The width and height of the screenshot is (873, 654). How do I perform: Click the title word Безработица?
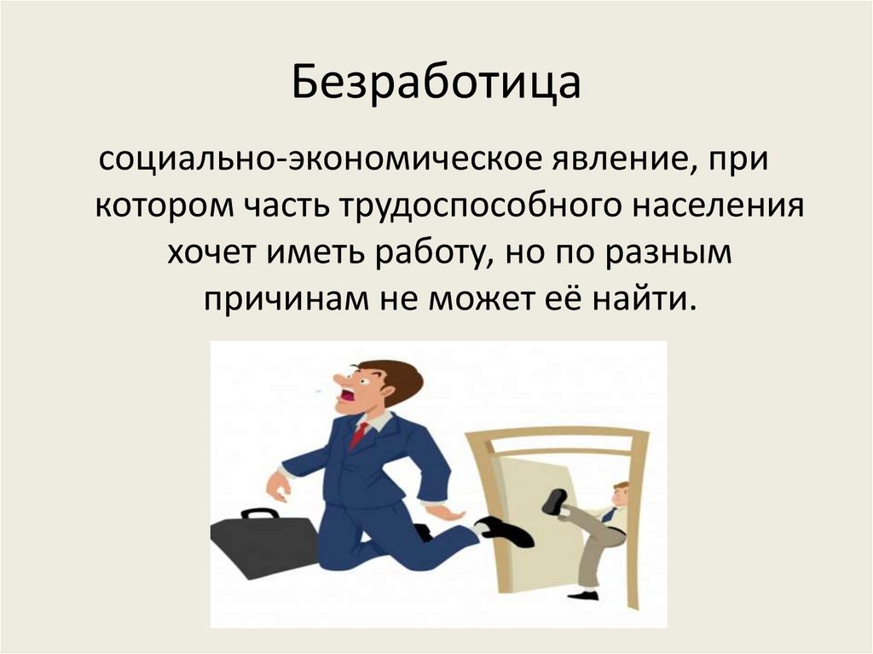(x=436, y=85)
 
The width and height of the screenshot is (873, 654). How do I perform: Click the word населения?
(x=720, y=208)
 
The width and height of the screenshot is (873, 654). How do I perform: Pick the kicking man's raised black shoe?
(x=555, y=501)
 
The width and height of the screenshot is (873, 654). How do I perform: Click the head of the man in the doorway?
(x=620, y=493)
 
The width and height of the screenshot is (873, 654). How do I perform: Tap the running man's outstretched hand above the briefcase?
(x=278, y=487)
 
